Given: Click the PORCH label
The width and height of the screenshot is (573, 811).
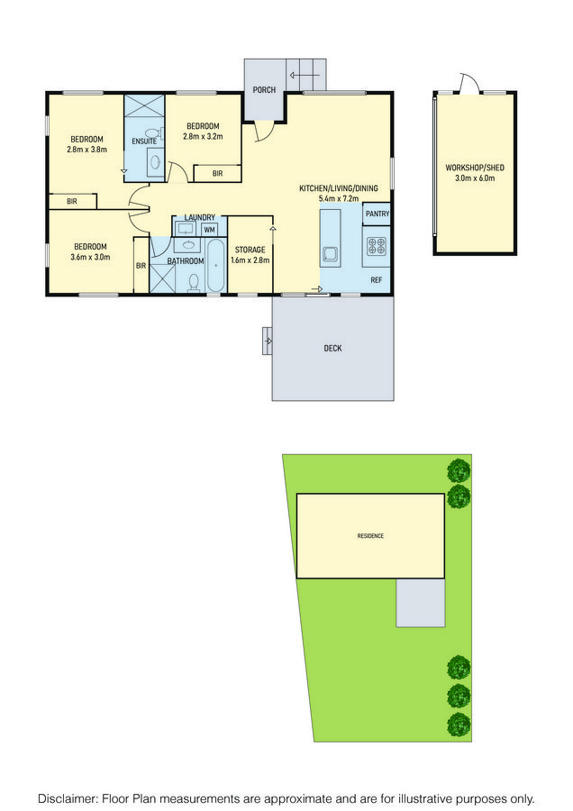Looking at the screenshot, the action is pos(264,90).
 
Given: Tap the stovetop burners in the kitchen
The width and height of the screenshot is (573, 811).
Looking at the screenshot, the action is pos(376,246).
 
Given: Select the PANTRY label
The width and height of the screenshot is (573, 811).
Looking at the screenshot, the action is pos(377,214).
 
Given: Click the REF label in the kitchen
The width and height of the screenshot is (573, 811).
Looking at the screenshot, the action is pos(376,280).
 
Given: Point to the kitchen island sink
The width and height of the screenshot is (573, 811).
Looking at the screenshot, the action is pos(330,253).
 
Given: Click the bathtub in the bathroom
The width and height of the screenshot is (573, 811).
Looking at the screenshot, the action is pos(215,265).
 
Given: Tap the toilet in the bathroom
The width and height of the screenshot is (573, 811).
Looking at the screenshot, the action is pos(194,282).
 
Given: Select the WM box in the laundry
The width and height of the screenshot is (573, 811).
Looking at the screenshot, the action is pos(209,230).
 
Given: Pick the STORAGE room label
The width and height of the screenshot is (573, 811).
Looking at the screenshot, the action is pos(250,250).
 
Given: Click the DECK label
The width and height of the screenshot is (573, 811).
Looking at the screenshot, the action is pos(332,349).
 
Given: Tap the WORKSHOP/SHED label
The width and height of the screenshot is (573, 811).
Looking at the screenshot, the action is pos(475,168).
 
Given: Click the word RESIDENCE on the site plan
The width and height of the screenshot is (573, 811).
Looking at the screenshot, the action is pos(370,536).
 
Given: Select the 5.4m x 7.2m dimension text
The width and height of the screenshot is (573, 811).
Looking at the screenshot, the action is pos(339,198).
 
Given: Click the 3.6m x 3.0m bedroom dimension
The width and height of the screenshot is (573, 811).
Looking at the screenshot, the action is pos(90,257).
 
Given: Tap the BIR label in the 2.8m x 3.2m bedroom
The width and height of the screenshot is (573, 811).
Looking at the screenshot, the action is pos(217,174).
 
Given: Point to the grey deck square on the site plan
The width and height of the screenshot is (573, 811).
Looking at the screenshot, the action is pos(421,603).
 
